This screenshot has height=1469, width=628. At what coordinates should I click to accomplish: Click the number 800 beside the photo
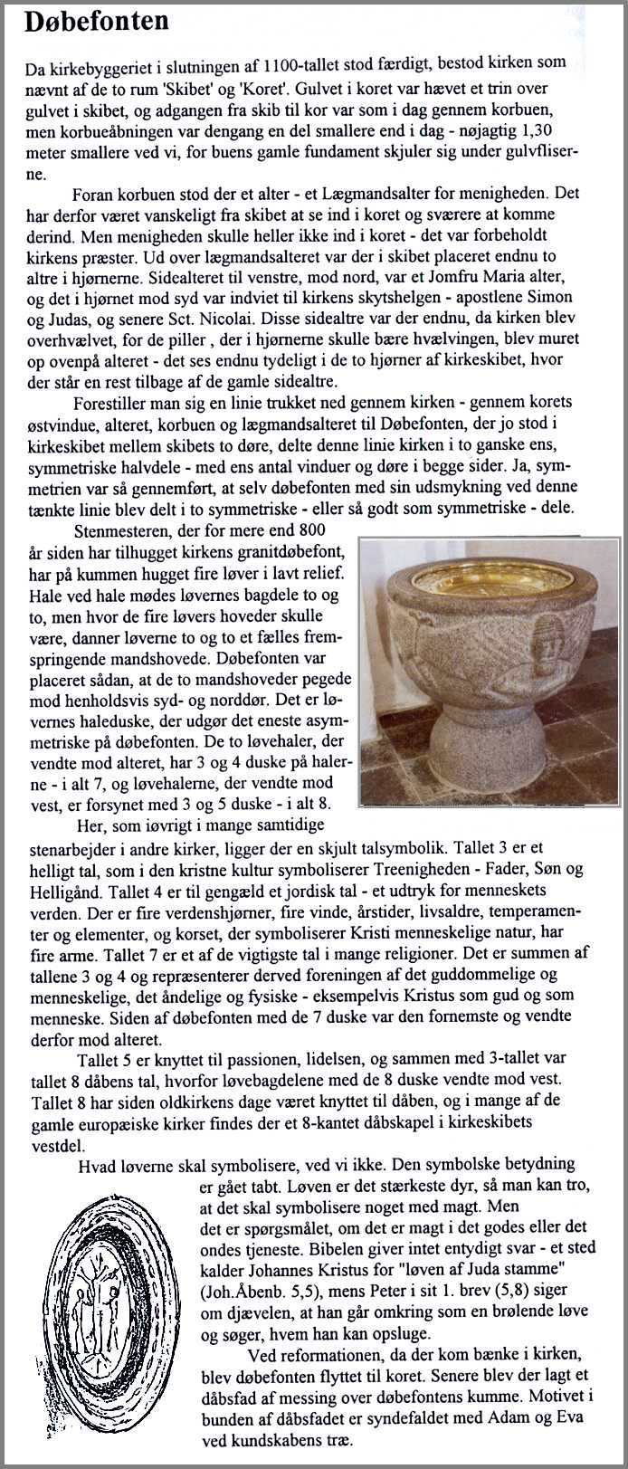click(309, 530)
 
